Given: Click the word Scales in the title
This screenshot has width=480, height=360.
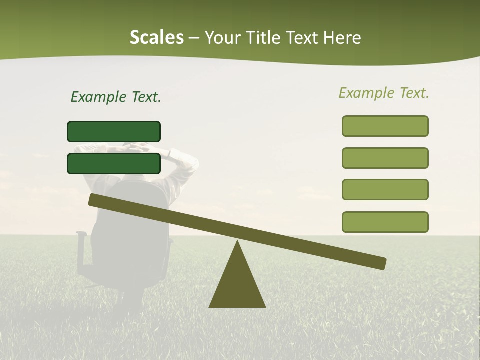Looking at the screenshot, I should pyautogui.click(x=156, y=37).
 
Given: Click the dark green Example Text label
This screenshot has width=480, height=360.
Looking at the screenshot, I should pyautogui.click(x=116, y=97).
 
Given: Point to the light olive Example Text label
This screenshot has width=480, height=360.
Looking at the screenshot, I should pyautogui.click(x=384, y=93).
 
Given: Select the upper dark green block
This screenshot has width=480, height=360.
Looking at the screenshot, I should pyautogui.click(x=114, y=131).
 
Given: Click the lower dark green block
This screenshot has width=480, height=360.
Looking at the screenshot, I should pyautogui.click(x=114, y=163).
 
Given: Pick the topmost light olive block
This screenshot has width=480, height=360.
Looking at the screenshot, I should pyautogui.click(x=385, y=126).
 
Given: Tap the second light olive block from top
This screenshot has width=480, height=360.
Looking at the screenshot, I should pyautogui.click(x=385, y=158).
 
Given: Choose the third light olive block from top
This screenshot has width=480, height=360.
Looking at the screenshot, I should pyautogui.click(x=385, y=190).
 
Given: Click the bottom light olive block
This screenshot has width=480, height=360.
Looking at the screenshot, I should pyautogui.click(x=385, y=222).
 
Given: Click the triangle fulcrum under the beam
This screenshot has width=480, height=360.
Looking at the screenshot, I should pyautogui.click(x=237, y=285).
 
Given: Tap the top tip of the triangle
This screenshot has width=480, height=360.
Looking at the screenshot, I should pyautogui.click(x=237, y=242).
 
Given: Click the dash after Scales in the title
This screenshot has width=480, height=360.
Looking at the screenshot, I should pyautogui.click(x=194, y=38).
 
